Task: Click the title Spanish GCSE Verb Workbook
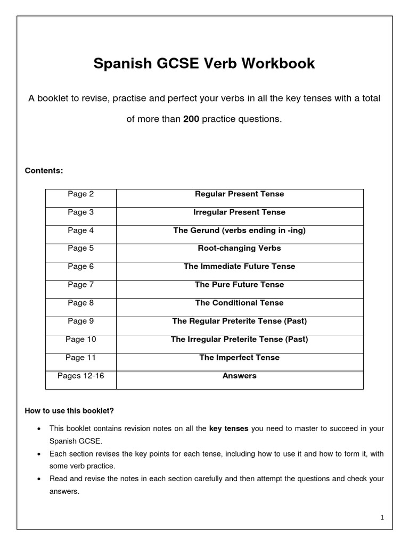click(x=204, y=64)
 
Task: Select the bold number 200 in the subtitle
click(x=191, y=119)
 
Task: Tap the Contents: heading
click(x=44, y=171)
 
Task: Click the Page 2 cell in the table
click(x=80, y=194)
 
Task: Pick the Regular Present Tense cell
click(x=239, y=194)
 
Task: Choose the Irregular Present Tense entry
click(x=239, y=212)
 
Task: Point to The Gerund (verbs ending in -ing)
click(x=239, y=230)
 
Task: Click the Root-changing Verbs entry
click(x=239, y=249)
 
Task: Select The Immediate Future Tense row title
click(x=239, y=267)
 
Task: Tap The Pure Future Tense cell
click(x=239, y=285)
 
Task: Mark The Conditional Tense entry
click(x=239, y=303)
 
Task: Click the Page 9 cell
click(x=80, y=321)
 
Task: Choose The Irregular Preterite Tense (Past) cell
click(x=239, y=339)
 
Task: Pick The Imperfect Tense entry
click(x=239, y=358)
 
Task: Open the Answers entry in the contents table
click(x=239, y=376)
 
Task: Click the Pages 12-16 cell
click(x=80, y=376)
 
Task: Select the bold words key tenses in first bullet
click(x=229, y=428)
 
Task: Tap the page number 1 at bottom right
click(x=382, y=518)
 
